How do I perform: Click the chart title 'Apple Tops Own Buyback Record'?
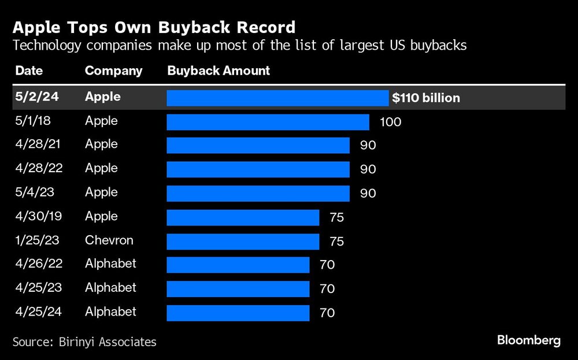point(154,27)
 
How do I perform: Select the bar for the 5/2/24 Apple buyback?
point(277,98)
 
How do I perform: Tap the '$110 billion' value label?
point(426,98)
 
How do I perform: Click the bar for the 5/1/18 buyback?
point(268,122)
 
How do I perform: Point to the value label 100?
point(390,122)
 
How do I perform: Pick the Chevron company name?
point(109,240)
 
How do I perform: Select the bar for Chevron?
point(243,241)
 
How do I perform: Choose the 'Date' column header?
point(29,71)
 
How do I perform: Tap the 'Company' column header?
point(113,71)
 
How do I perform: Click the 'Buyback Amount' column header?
point(218,71)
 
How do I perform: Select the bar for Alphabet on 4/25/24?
point(238,313)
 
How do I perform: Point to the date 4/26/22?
point(39,263)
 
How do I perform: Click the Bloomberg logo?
point(528,340)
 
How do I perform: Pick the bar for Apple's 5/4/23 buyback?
point(258,193)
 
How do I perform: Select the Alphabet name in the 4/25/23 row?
point(110,287)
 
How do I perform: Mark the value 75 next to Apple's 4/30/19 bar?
point(336,217)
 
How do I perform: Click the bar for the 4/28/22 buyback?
point(258,169)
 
